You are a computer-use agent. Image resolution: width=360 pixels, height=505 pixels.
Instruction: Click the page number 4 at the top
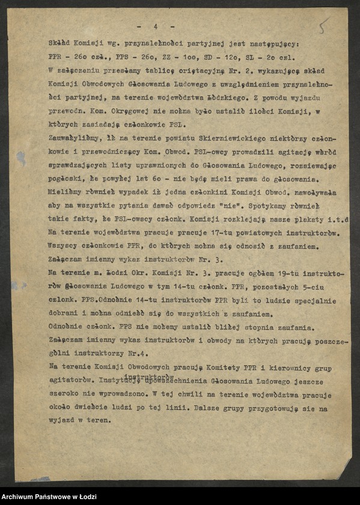(155, 26)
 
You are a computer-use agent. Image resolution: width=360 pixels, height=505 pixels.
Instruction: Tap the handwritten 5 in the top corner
(324, 27)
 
